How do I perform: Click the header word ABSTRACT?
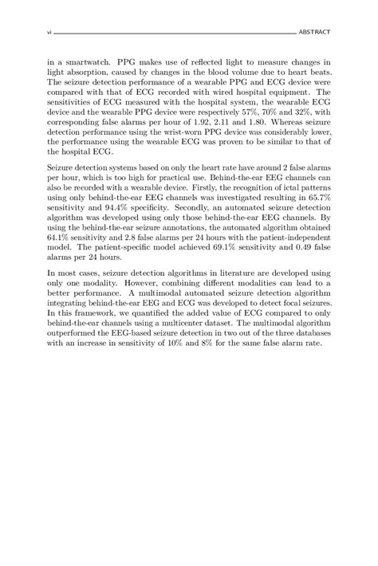pos(314,33)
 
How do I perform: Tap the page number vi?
pos(49,33)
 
